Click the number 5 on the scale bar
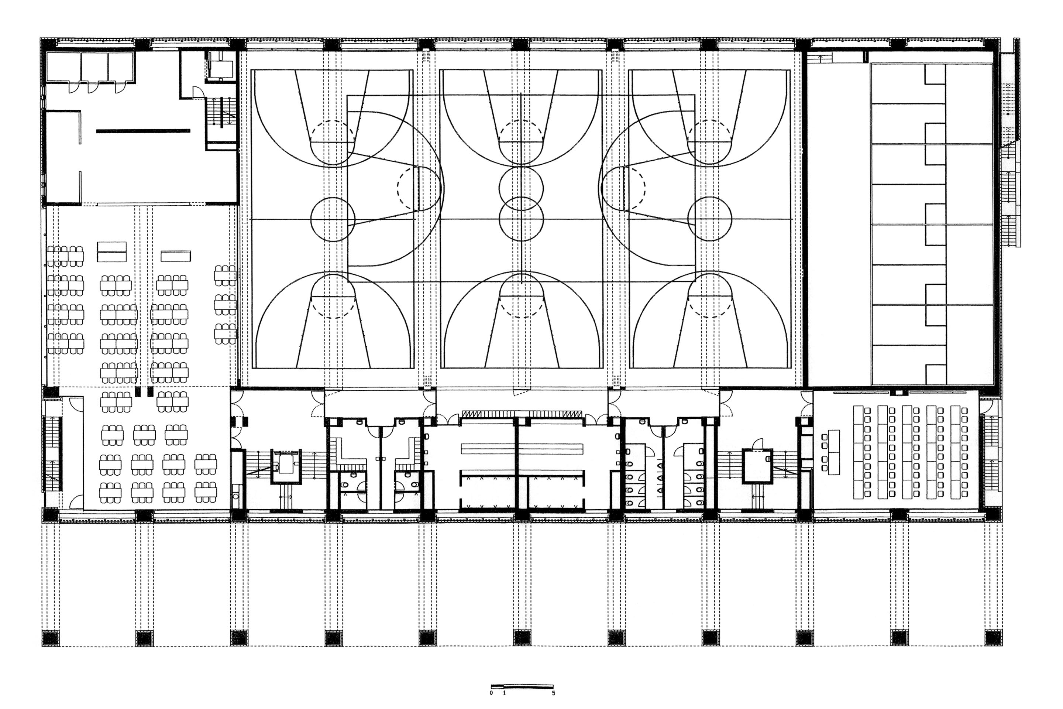click(x=554, y=693)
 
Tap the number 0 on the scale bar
click(x=491, y=693)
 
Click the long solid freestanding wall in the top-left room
click(x=143, y=131)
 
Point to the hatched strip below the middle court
click(x=522, y=414)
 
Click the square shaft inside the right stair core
click(x=757, y=465)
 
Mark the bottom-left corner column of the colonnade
click(x=51, y=638)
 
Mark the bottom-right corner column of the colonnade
click(x=993, y=638)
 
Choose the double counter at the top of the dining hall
click(x=111, y=252)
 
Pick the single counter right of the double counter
click(x=176, y=256)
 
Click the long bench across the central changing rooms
click(x=522, y=449)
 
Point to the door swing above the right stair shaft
click(x=757, y=443)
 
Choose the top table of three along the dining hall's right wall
click(x=225, y=275)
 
